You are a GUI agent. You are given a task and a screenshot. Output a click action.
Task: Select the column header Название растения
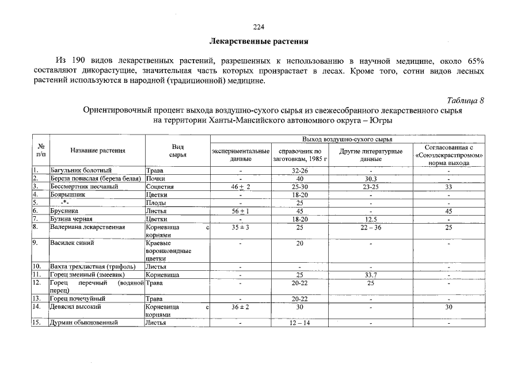click(98, 151)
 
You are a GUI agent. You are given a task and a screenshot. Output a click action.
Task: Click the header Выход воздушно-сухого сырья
click(347, 139)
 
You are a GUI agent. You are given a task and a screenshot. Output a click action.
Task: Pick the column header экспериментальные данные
click(240, 155)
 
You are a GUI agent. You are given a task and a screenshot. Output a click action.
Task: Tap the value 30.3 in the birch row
click(371, 179)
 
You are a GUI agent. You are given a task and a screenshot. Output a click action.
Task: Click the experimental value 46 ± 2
click(241, 187)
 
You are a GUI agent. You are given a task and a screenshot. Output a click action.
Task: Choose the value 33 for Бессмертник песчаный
click(448, 187)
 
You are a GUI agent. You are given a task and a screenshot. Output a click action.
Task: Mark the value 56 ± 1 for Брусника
click(240, 211)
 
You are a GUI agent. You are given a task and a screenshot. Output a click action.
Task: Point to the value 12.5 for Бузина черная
click(371, 219)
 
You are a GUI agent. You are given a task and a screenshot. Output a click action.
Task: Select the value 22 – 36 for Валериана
click(371, 227)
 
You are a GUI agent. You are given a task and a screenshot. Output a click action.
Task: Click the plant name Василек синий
click(72, 243)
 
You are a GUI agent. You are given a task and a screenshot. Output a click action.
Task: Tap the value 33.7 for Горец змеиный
click(371, 275)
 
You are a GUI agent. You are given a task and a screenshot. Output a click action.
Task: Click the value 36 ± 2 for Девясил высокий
click(240, 307)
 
